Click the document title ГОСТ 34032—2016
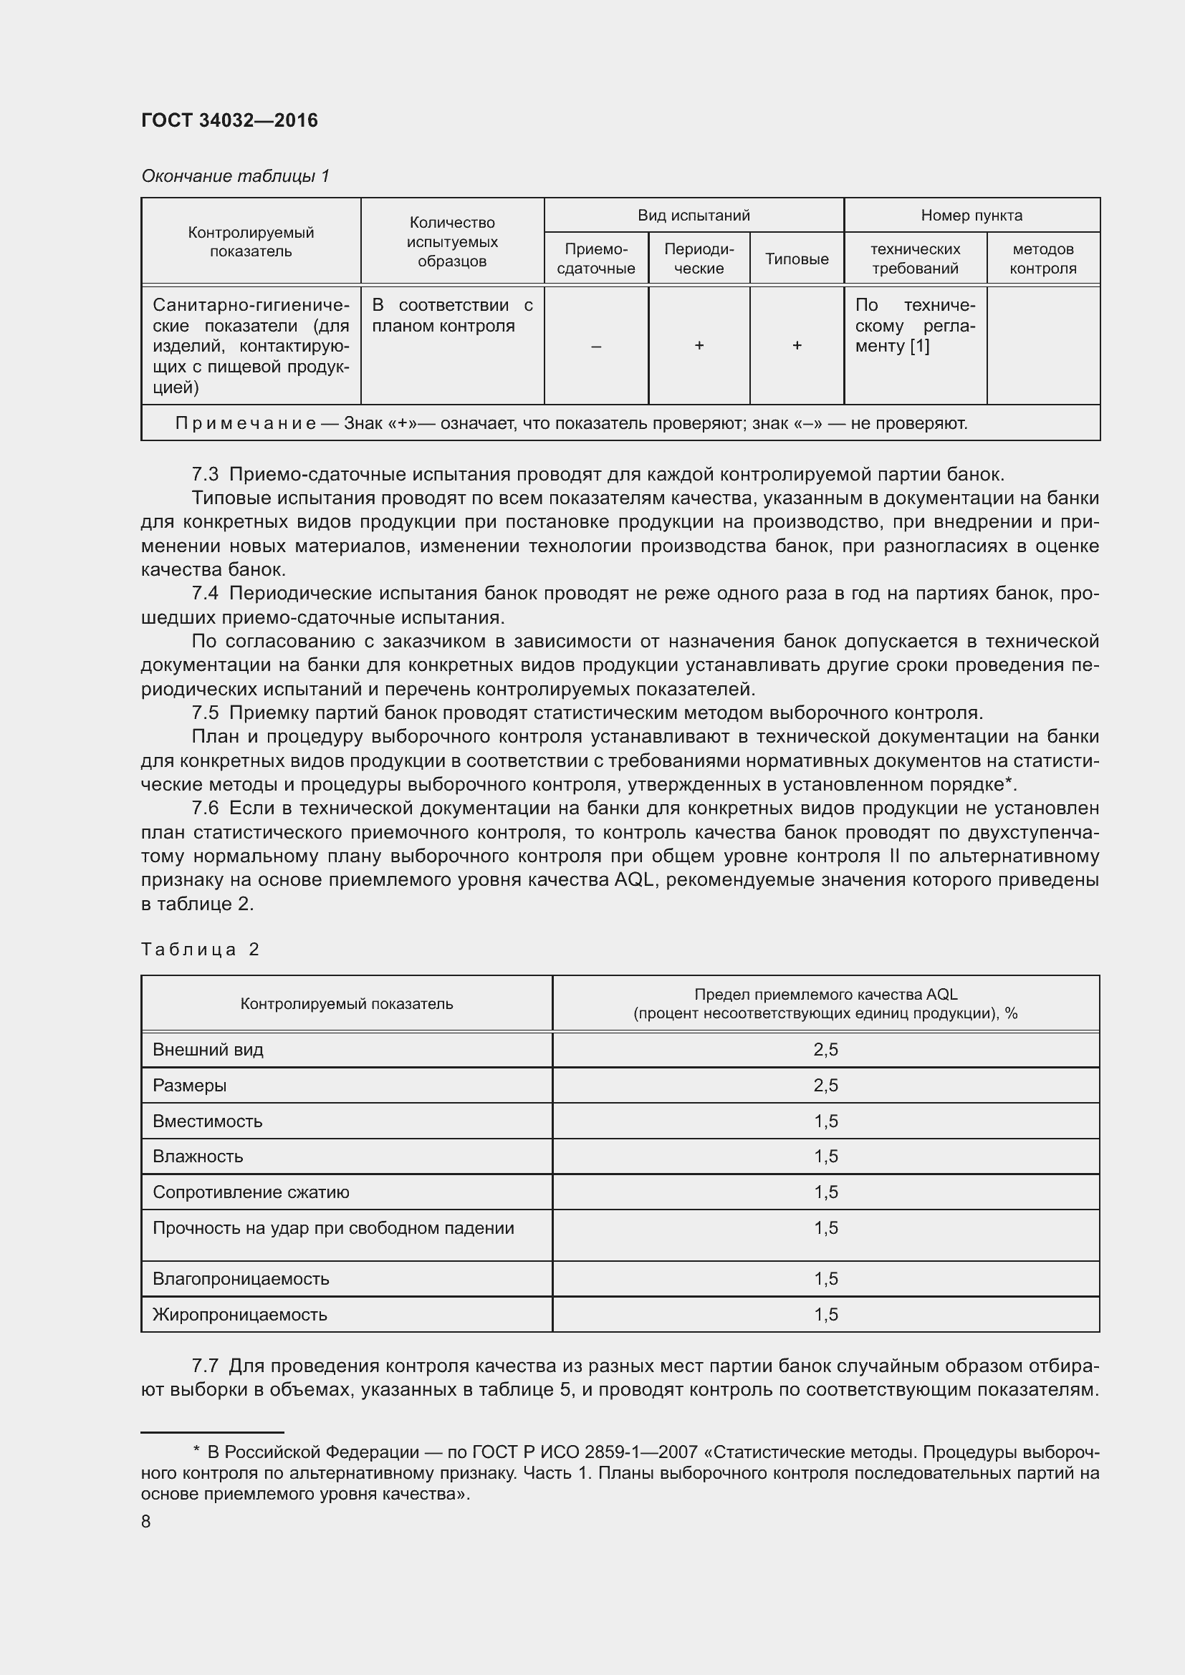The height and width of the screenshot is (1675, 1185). [229, 120]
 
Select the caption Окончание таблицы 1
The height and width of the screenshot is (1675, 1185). [235, 176]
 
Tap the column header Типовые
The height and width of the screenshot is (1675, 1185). [796, 259]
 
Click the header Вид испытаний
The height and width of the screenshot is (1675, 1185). [694, 216]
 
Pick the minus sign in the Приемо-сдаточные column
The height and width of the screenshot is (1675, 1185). [595, 346]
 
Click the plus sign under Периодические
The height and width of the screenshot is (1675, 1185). [699, 345]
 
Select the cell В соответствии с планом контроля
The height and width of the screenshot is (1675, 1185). [451, 315]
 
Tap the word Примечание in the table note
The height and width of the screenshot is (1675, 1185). [244, 423]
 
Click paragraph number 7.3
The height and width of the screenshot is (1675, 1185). [205, 474]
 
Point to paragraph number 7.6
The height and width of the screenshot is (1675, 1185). [205, 808]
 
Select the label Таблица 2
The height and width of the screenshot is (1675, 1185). [200, 949]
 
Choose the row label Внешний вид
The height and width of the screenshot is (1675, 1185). [207, 1050]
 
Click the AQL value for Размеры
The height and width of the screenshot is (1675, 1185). [825, 1086]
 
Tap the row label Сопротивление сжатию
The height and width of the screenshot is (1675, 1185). [250, 1192]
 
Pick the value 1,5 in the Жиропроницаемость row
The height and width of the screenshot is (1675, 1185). [825, 1315]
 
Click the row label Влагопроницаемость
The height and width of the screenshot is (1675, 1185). [240, 1279]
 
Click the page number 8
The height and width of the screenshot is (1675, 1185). [146, 1516]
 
